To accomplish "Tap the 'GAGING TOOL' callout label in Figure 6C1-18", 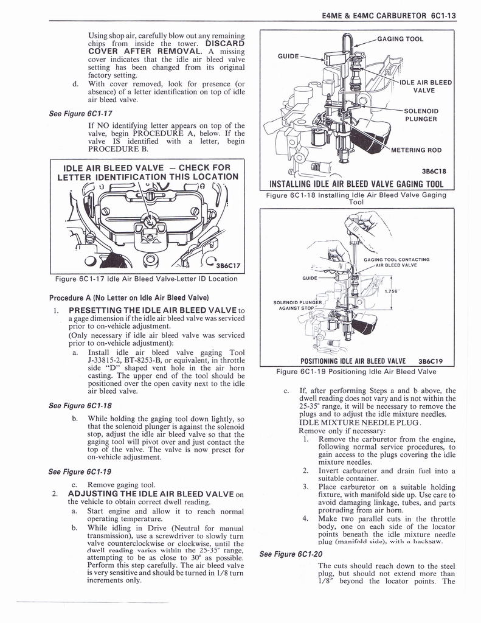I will click(x=400, y=39).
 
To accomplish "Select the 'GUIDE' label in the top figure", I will click(x=288, y=56).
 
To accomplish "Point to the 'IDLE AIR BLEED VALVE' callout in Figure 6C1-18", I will click(x=424, y=86).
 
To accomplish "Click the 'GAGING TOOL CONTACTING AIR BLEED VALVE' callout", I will click(x=396, y=262).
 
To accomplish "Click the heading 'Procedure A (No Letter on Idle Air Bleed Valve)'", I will click(x=129, y=298).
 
